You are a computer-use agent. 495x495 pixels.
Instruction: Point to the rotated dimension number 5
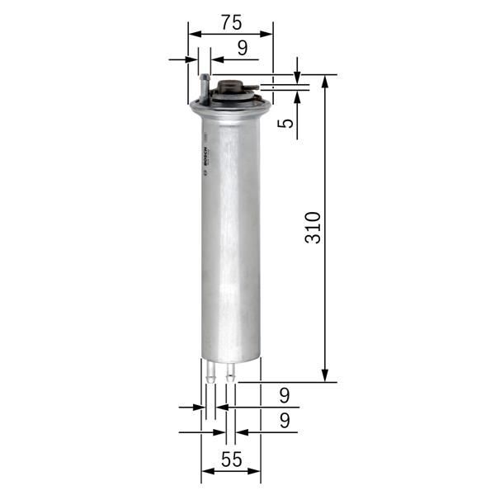[285, 124]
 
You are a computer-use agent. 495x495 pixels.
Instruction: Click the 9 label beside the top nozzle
[242, 48]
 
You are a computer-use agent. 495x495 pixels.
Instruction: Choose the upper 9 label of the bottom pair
[284, 394]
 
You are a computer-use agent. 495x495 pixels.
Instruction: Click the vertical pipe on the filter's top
[204, 87]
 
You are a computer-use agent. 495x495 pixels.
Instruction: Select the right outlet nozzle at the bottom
[230, 372]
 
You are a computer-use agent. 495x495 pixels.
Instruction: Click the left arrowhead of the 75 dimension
[194, 35]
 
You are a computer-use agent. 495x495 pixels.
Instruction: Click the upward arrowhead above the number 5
[297, 93]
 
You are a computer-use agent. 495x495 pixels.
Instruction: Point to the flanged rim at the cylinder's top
[230, 106]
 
